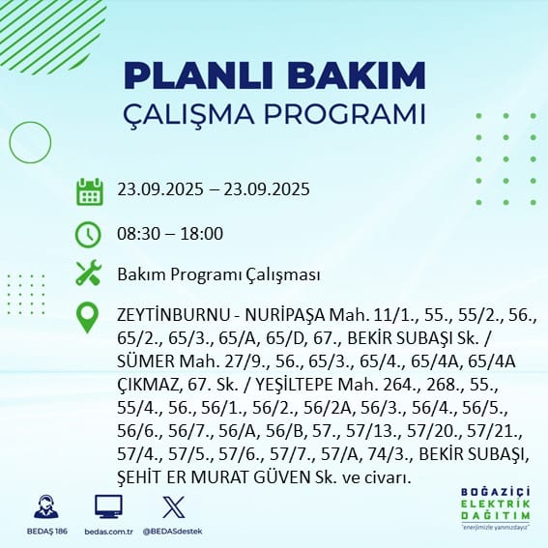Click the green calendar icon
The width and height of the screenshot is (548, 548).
[x=89, y=191]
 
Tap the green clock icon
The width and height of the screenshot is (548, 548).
[x=89, y=234]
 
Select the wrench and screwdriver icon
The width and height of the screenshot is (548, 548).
[x=89, y=274]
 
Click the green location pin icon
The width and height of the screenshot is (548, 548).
[x=89, y=318]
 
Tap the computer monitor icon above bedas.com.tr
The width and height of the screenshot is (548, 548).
[x=107, y=506]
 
